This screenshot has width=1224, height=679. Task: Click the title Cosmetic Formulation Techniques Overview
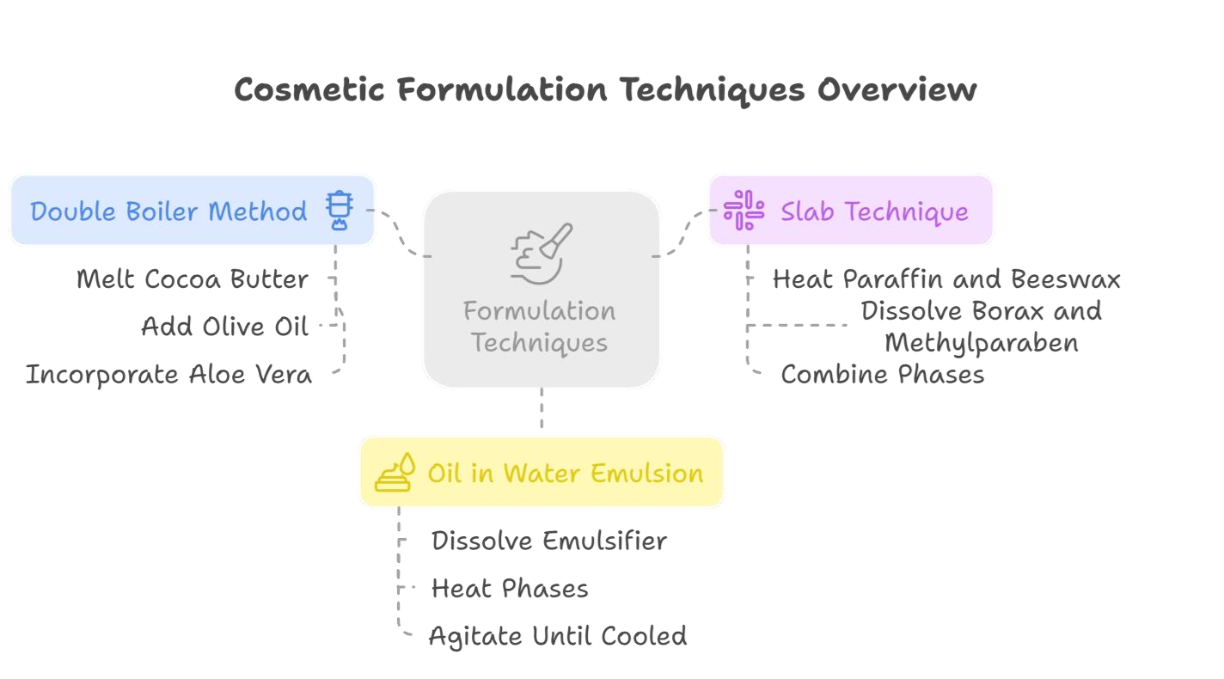tap(604, 90)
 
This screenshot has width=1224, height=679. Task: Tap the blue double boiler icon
tap(340, 211)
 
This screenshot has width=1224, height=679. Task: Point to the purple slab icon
tap(744, 211)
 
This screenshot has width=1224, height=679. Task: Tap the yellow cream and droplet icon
tap(395, 473)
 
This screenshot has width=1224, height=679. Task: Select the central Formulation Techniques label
tap(540, 327)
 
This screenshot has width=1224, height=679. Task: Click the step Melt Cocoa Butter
tap(192, 279)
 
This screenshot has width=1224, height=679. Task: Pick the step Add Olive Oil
tap(224, 327)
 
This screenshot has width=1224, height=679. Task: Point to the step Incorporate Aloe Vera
tap(169, 375)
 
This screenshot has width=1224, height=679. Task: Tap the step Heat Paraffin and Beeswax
tap(946, 279)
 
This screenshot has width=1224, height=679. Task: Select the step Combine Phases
tap(883, 375)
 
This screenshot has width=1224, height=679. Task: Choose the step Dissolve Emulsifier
tap(549, 541)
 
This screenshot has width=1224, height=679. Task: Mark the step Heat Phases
tap(510, 589)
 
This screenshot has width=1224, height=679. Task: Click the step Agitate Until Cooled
tap(558, 636)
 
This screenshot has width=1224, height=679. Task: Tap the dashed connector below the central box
tap(542, 410)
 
